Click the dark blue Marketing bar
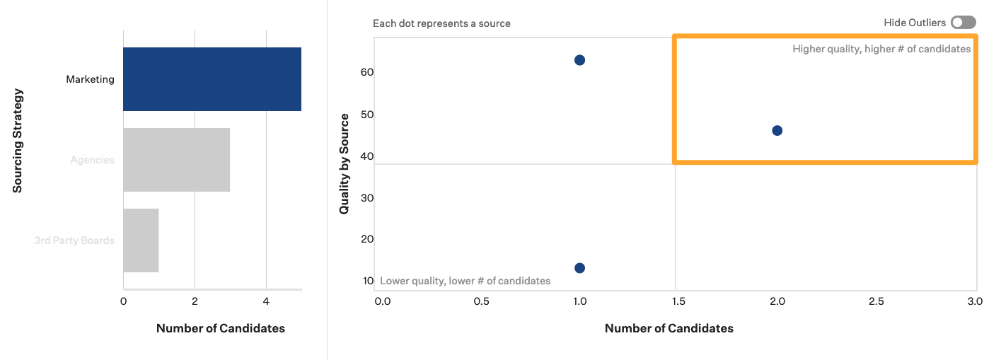tap(212, 79)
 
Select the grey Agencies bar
tap(176, 160)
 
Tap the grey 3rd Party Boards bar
tap(141, 240)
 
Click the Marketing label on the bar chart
tap(90, 79)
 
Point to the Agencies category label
tap(92, 160)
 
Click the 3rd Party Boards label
tap(74, 240)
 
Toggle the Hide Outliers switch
tap(963, 23)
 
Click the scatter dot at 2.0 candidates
tap(777, 130)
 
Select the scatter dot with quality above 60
tap(579, 60)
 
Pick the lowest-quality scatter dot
tap(579, 267)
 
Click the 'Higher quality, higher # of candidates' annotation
tap(881, 49)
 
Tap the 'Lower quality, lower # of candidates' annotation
tap(465, 281)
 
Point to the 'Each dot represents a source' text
tap(441, 23)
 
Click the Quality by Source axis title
tap(345, 163)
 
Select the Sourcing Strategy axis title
tap(18, 140)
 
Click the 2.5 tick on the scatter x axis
tap(876, 301)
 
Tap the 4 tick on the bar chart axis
tap(266, 301)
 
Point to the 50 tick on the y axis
tap(367, 115)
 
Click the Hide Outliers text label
tap(914, 23)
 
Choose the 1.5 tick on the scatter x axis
tap(678, 301)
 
